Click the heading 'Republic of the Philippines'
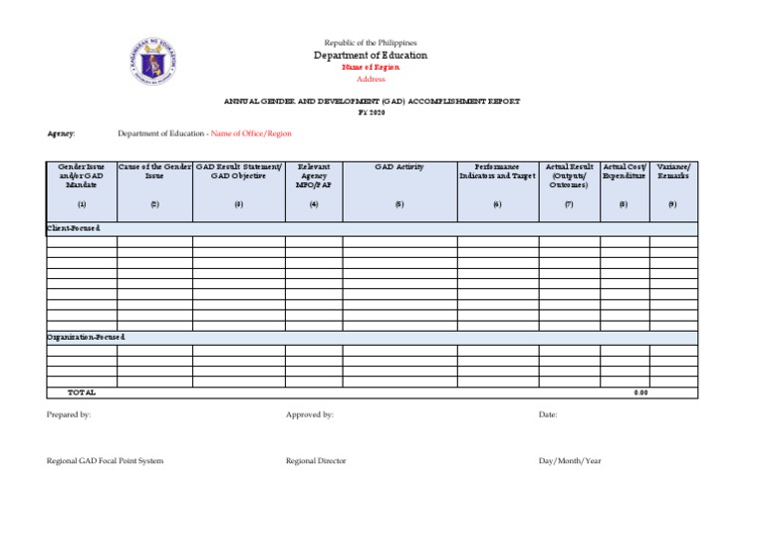[371, 43]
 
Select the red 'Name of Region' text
[371, 67]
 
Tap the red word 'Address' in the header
[371, 79]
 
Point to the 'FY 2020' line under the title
[371, 113]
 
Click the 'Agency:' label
[61, 134]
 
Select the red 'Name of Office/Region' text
[251, 134]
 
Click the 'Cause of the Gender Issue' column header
[154, 171]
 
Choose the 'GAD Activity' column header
[398, 167]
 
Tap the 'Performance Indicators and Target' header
[497, 171]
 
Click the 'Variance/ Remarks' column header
[673, 171]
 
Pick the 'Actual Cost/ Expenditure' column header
[625, 171]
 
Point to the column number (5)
[398, 203]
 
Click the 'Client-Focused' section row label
[74, 228]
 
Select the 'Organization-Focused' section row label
[86, 338]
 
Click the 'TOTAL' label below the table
[82, 393]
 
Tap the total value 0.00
[640, 393]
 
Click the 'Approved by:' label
[310, 413]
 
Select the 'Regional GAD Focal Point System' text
[106, 461]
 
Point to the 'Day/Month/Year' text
[570, 461]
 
